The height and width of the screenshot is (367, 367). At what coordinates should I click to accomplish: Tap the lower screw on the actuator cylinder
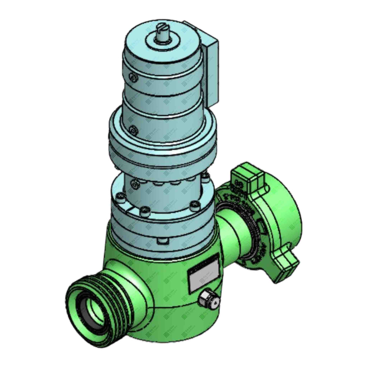132,130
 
